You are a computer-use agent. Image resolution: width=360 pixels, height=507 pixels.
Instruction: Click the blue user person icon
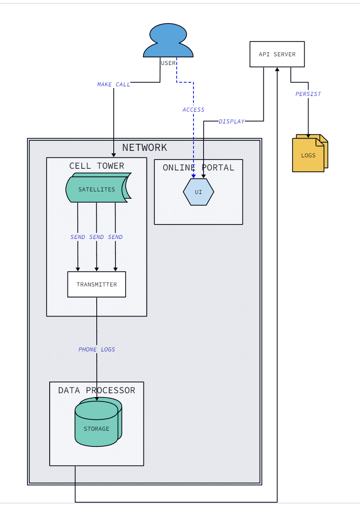point(168,41)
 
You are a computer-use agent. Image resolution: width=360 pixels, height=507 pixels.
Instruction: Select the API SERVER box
point(277,54)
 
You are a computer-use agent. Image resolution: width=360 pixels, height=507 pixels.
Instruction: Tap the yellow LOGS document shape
point(310,153)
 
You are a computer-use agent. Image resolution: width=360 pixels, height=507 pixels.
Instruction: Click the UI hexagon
point(198,192)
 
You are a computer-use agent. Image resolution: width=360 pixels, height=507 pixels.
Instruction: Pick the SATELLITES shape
point(98,187)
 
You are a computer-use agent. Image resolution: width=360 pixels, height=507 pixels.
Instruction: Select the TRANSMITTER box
point(97,284)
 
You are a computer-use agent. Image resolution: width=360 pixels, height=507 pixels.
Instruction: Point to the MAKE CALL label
point(113,85)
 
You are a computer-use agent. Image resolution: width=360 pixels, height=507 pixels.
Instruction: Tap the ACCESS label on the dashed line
point(193,109)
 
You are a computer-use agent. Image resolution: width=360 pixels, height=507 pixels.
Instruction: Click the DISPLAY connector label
point(232,121)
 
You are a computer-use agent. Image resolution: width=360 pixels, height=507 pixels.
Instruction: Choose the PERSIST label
point(308,94)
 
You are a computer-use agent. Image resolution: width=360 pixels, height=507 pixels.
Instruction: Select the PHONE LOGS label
point(97,349)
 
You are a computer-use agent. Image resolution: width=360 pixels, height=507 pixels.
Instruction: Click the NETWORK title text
point(144,147)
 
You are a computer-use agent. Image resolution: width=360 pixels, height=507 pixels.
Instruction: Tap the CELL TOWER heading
point(97,166)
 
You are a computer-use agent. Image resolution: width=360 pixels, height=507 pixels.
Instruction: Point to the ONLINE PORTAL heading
point(198,167)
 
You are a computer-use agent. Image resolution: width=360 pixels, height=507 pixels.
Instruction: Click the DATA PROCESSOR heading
point(97,390)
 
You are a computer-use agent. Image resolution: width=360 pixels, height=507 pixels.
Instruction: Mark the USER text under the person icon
point(168,63)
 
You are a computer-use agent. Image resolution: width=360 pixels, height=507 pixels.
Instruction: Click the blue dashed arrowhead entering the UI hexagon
point(194,176)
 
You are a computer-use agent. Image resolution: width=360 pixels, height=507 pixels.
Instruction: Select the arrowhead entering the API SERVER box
point(277,69)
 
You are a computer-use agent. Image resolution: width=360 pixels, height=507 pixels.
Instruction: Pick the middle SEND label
point(96,237)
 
